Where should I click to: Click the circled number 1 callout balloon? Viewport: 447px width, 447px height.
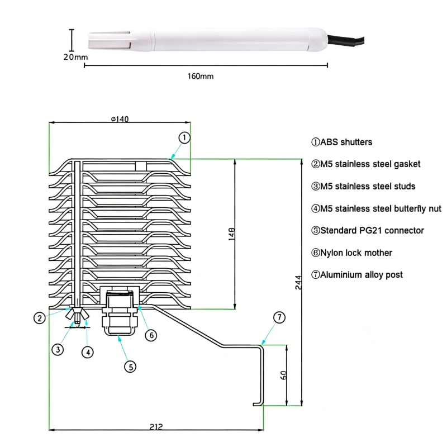tap(185, 137)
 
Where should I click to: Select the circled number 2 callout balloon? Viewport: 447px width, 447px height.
tap(39, 318)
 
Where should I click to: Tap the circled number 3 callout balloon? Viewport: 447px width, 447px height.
tap(58, 350)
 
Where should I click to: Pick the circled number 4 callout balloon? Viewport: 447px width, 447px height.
tap(87, 352)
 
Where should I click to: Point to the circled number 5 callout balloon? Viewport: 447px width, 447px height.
tap(130, 367)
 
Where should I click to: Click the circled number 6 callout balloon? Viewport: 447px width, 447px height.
tap(151, 335)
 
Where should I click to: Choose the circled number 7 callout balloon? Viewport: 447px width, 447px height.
tap(279, 317)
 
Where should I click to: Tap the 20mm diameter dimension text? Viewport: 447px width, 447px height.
tap(75, 57)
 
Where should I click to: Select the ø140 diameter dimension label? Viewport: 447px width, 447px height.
tap(120, 118)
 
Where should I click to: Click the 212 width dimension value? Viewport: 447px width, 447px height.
tap(156, 427)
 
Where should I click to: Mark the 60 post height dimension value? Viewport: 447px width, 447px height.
tap(283, 375)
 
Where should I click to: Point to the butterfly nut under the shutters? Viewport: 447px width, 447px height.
tap(77, 317)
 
